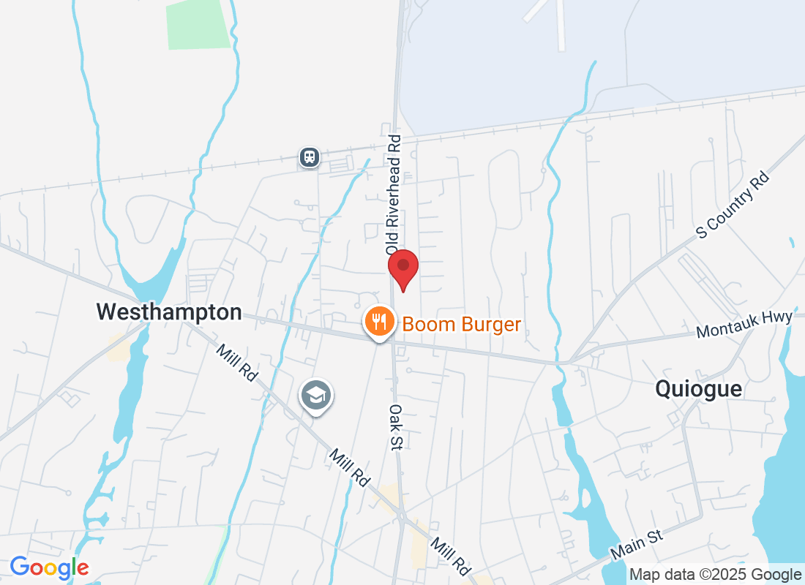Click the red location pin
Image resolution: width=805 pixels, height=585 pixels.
tap(402, 268)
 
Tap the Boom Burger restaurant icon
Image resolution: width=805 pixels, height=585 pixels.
tap(379, 321)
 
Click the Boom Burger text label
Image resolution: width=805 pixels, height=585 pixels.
tap(462, 324)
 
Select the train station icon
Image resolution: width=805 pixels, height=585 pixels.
tap(310, 156)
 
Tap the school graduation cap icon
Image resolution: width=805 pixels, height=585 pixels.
tap(316, 396)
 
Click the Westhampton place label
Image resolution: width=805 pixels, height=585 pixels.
tap(169, 312)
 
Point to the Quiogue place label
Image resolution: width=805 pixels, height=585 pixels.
tap(698, 389)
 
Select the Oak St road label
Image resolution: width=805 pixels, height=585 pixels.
tap(395, 428)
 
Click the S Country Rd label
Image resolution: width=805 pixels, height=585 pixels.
tap(734, 205)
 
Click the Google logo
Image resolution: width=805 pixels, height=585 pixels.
tap(49, 567)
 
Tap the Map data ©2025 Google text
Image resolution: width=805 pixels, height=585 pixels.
tap(715, 575)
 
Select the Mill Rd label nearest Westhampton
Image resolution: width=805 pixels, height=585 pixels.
tap(237, 362)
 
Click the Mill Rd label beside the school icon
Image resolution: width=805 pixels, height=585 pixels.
tap(349, 469)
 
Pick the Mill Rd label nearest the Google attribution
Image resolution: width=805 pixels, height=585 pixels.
tap(450, 556)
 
